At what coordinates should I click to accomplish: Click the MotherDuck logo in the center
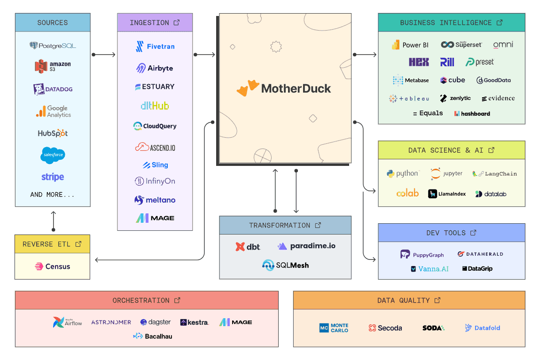click(x=284, y=88)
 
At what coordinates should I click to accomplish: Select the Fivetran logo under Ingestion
click(x=155, y=47)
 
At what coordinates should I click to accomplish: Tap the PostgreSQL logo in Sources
click(x=53, y=46)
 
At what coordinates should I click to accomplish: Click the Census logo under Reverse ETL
click(x=52, y=266)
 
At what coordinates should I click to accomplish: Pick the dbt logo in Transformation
click(x=248, y=246)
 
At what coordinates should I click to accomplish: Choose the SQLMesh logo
click(x=286, y=265)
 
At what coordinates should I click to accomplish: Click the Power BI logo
click(x=410, y=45)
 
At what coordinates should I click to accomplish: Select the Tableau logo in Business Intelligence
click(x=409, y=99)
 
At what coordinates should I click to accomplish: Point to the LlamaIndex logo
click(x=447, y=194)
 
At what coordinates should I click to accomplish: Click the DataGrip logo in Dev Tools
click(x=477, y=269)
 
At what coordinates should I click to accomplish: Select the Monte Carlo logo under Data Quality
click(x=334, y=328)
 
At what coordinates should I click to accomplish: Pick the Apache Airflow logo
click(x=68, y=322)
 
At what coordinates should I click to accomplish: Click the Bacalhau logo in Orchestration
click(x=153, y=336)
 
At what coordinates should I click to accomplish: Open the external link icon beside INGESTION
click(x=177, y=23)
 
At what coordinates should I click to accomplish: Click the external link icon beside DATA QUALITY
click(x=437, y=300)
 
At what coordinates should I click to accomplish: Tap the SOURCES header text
click(x=53, y=23)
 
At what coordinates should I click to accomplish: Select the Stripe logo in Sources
click(x=53, y=177)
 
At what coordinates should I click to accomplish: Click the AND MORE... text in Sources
click(x=53, y=194)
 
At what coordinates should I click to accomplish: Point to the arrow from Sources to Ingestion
click(x=104, y=55)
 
